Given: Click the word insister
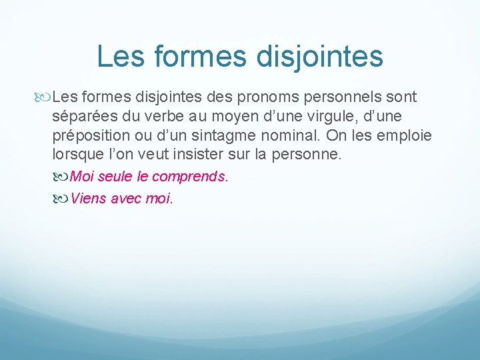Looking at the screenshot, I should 221,155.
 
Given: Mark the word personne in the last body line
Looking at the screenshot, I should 311,155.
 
